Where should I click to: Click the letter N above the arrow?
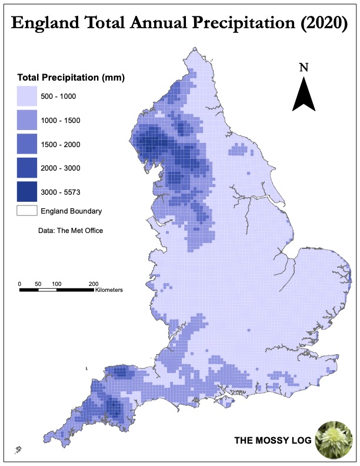coord(304,66)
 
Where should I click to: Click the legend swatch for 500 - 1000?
coord(26,96)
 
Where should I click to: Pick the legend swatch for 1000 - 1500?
coord(26,120)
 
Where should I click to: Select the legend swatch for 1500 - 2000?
coord(26,144)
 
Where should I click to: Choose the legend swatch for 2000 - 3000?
coord(26,168)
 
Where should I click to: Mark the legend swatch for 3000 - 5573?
coord(26,192)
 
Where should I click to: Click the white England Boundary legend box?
coord(26,211)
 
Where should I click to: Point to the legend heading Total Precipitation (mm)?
coord(71,78)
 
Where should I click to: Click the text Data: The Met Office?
coord(71,231)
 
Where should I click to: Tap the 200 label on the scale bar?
coord(93,284)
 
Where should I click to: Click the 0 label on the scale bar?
coord(19,284)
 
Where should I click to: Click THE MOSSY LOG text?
coord(273,440)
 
